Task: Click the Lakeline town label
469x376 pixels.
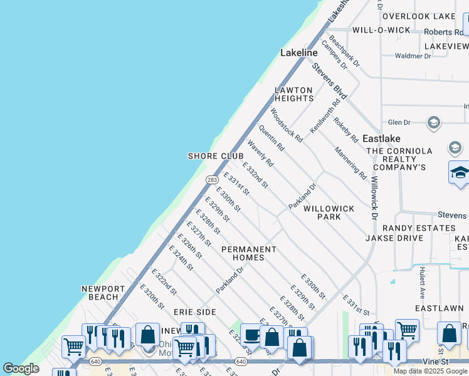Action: point(299,53)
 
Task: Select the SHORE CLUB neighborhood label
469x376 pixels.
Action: point(216,156)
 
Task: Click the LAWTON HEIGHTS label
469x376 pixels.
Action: point(294,95)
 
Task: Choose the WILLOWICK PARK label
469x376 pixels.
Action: point(329,212)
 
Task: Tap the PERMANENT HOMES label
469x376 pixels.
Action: point(249,253)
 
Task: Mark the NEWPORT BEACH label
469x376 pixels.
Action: point(100,293)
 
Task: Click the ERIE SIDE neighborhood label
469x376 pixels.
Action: point(195,311)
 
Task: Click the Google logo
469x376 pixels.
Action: point(21,369)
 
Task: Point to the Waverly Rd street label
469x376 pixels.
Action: point(260,153)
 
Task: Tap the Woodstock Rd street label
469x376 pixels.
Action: point(287,125)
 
